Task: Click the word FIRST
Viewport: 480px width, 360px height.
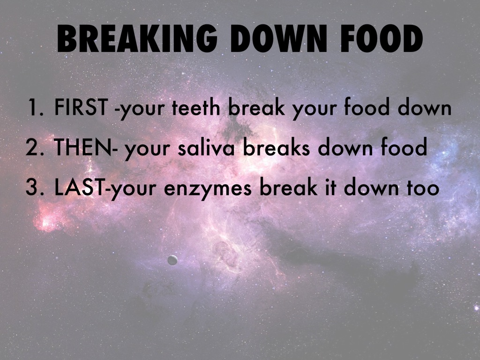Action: (x=82, y=109)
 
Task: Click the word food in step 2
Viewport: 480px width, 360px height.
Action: (x=403, y=148)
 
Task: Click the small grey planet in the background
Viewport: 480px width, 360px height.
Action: (x=172, y=260)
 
